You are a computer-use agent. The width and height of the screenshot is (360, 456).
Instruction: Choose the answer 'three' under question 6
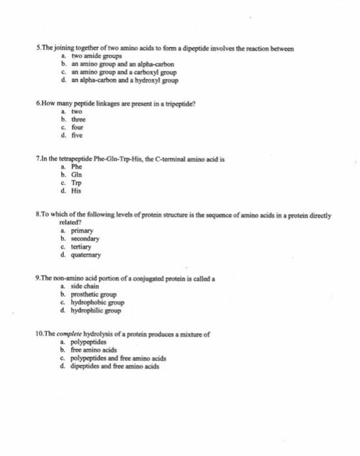[77, 120]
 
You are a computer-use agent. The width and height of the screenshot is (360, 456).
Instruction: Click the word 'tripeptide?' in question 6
[176, 104]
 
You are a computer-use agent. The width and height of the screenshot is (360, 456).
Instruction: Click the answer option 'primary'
[81, 230]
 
